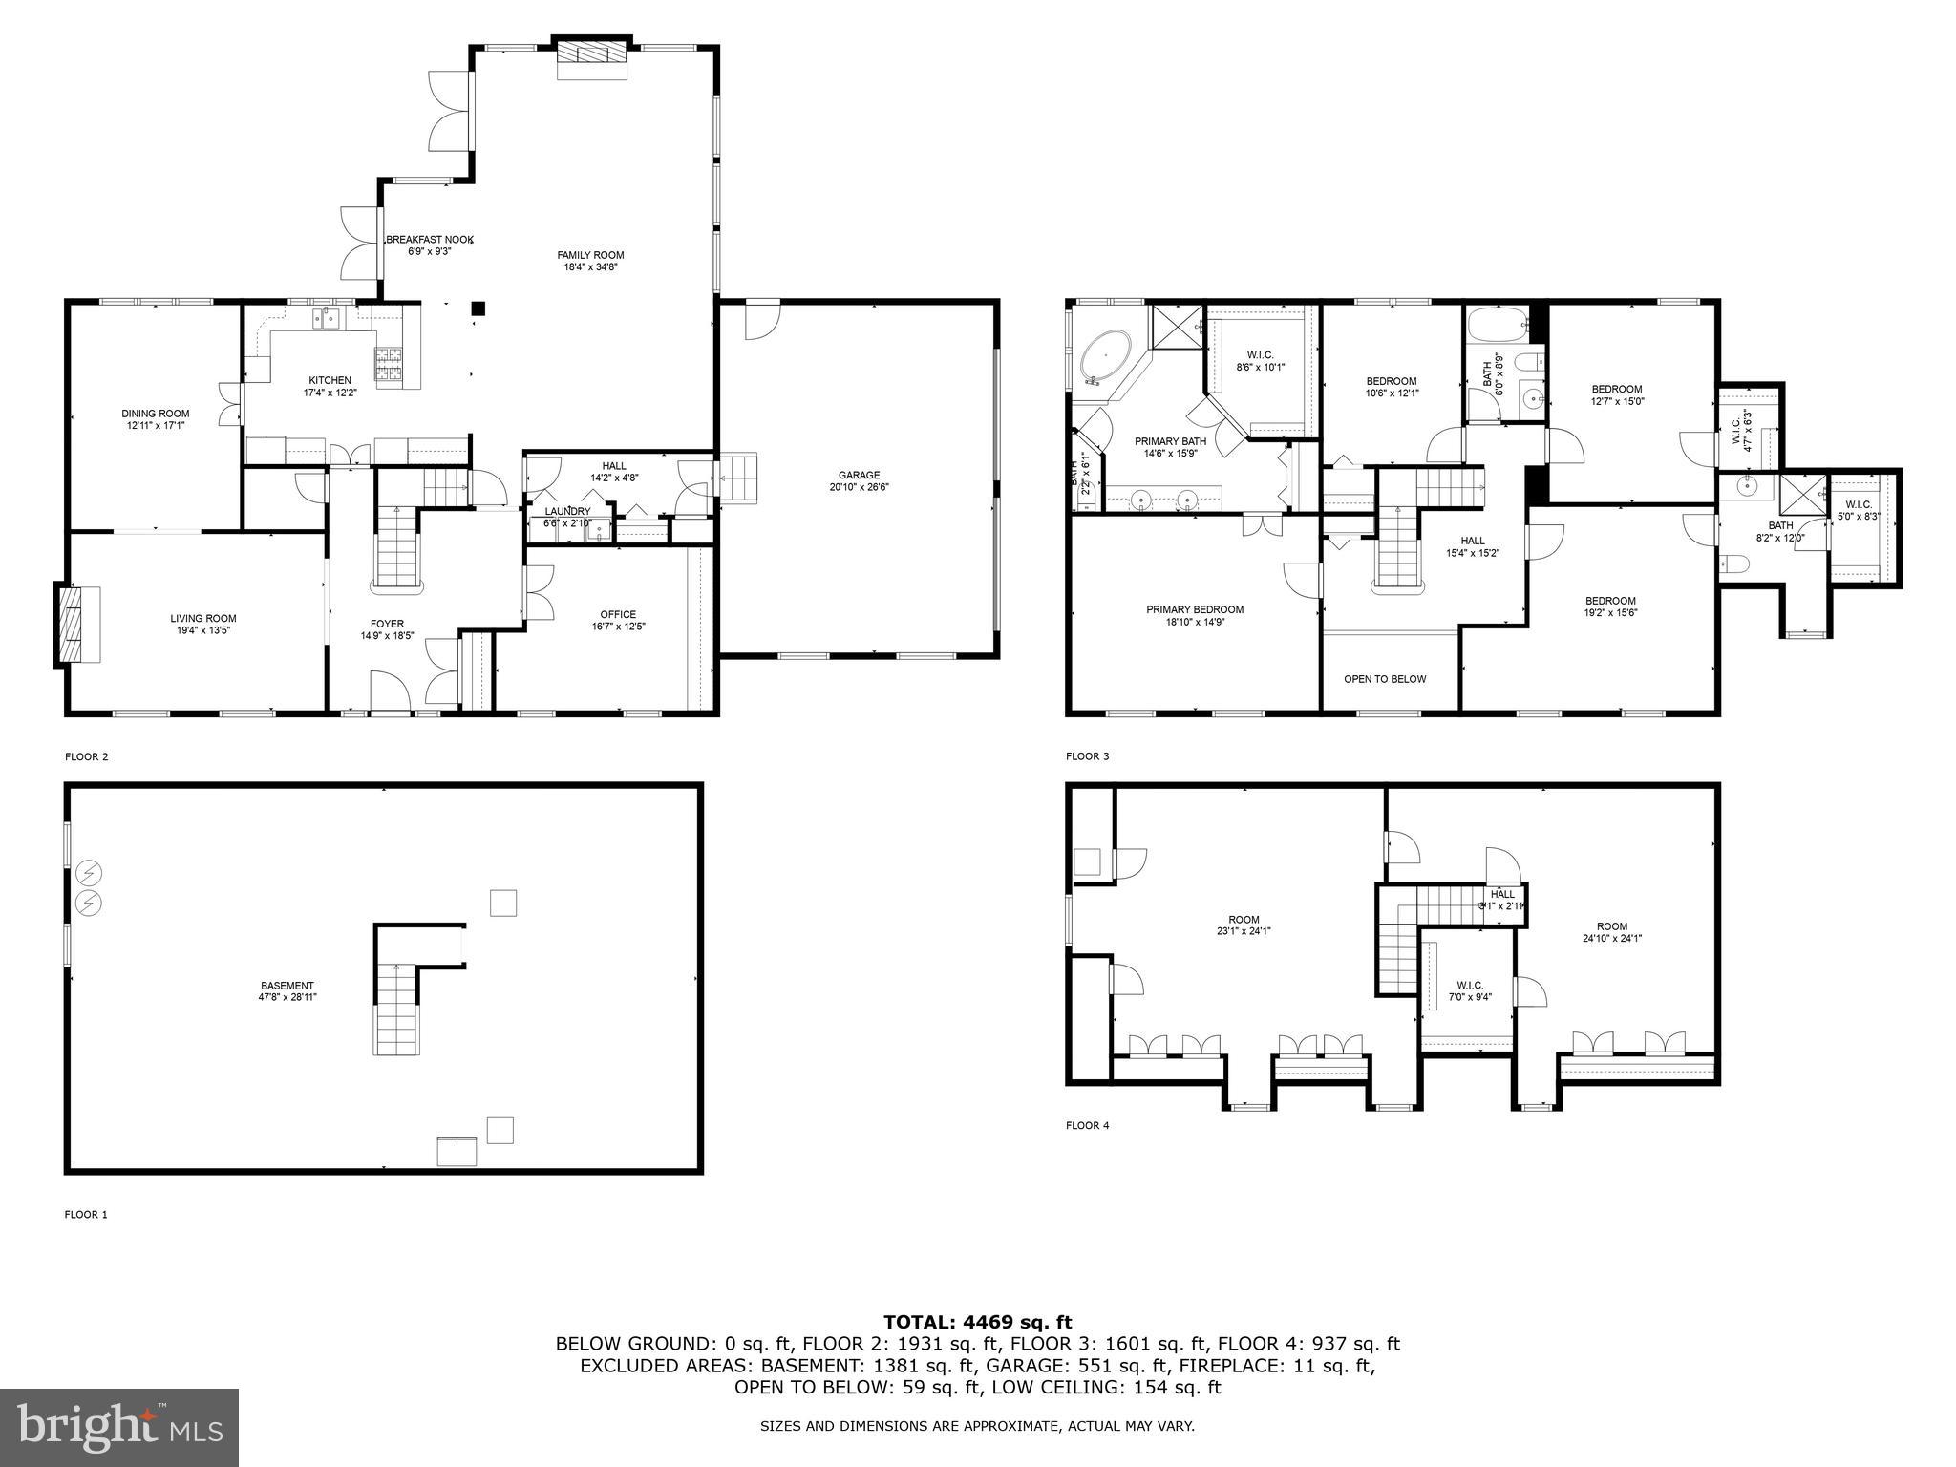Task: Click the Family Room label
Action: click(590, 255)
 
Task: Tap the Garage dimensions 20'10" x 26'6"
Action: click(859, 487)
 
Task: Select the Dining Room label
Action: click(155, 414)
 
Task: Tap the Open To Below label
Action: click(1384, 679)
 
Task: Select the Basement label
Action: click(287, 986)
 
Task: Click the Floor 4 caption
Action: click(1087, 1125)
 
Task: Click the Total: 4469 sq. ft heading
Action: click(977, 1322)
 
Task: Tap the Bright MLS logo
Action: click(119, 1427)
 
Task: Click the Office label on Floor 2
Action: click(618, 614)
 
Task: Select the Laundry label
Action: click(567, 511)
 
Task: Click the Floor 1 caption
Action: click(86, 1214)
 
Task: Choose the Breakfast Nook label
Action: click(429, 240)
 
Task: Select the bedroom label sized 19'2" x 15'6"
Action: click(1610, 601)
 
